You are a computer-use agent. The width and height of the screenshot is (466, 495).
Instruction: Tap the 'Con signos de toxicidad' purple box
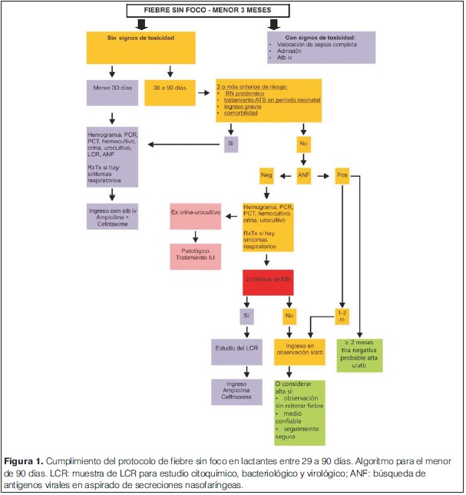point(320,47)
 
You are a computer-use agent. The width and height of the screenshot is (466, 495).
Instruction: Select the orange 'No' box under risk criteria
point(305,144)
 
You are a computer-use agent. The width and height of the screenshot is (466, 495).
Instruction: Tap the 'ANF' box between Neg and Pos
point(305,175)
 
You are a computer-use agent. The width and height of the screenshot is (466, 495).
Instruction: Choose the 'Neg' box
point(266,175)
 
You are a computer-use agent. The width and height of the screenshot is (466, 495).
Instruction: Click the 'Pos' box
point(342,175)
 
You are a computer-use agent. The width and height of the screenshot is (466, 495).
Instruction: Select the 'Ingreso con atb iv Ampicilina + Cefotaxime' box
point(113,216)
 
